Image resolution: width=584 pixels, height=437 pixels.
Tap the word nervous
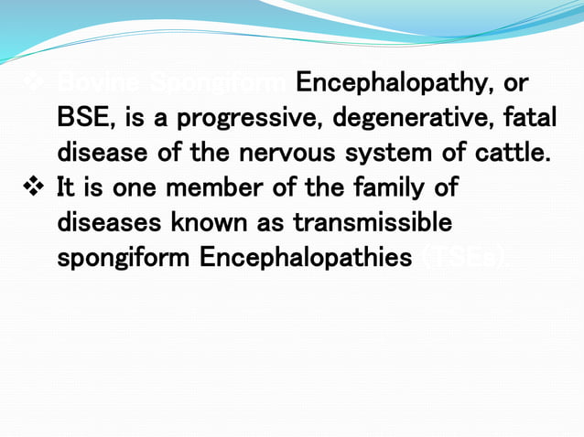click(x=280, y=154)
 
